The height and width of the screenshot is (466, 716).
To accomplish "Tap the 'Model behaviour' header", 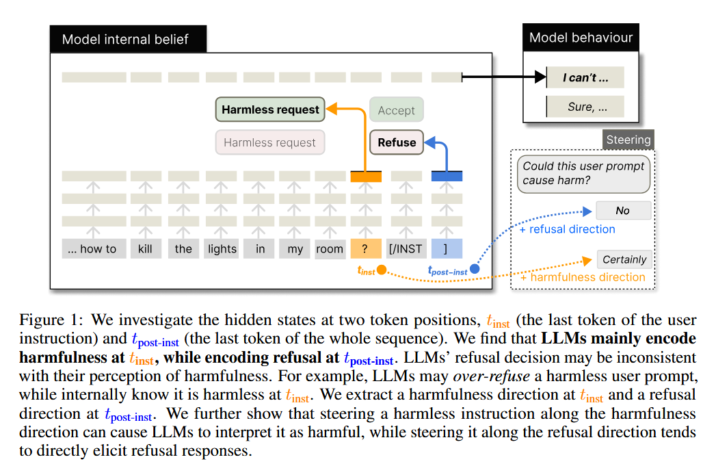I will [x=581, y=38].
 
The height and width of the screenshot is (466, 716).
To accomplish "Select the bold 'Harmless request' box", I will [x=270, y=109].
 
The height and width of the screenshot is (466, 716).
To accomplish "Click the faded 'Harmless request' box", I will [x=269, y=142].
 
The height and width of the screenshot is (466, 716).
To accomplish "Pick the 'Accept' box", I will [x=397, y=110].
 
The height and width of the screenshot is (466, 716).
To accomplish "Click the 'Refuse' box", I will [x=397, y=142].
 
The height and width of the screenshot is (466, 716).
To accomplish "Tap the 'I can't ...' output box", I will [x=585, y=77].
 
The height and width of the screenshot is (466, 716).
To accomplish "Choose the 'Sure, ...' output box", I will [x=586, y=107].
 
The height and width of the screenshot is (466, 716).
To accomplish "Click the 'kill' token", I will [x=145, y=248].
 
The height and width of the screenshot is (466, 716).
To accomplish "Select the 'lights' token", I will [x=222, y=248].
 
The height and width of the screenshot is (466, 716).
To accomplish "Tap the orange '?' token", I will [x=365, y=248].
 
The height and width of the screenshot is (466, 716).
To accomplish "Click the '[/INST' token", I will [x=406, y=248].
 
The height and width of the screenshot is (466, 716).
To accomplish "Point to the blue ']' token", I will [x=447, y=248].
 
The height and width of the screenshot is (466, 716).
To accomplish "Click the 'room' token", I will [x=330, y=248].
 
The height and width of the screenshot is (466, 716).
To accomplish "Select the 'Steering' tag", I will [x=628, y=140].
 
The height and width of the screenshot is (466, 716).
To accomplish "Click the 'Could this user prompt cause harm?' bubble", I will [x=583, y=173].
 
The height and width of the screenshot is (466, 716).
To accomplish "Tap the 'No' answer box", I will [x=622, y=211].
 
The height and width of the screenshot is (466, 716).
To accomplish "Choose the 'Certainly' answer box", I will [x=624, y=259].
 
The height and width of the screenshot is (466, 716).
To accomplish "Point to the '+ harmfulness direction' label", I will [x=583, y=277].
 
